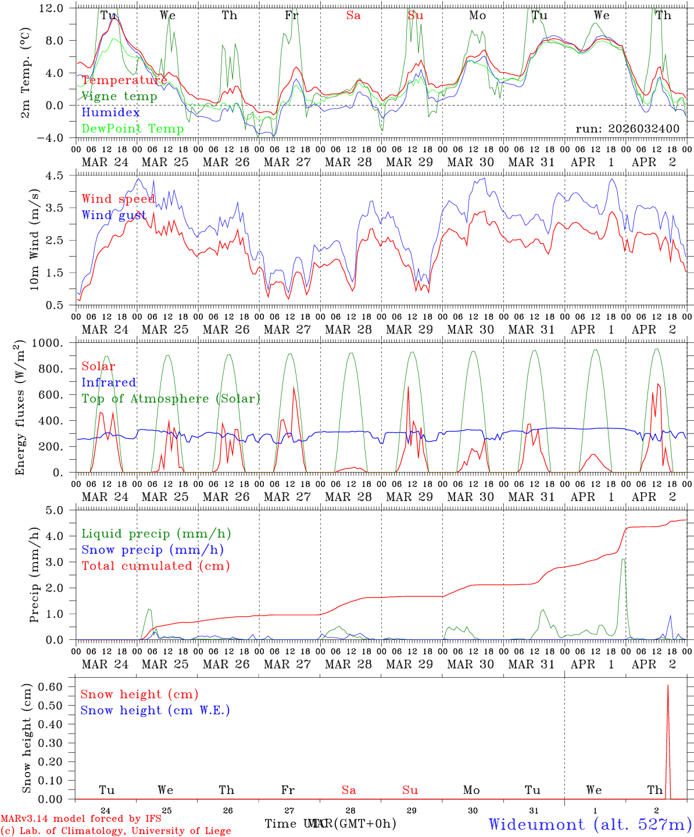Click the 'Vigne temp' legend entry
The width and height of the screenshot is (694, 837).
[119, 96]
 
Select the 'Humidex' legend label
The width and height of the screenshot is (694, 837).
[110, 113]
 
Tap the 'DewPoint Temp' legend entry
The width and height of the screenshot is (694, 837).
[133, 129]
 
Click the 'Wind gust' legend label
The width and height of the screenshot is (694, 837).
[114, 215]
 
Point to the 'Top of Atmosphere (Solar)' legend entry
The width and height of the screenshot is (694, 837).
[171, 399]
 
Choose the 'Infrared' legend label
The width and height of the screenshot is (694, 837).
[109, 382]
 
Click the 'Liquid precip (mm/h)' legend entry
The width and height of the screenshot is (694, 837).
[156, 534]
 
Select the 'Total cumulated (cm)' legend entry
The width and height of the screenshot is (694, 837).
[155, 566]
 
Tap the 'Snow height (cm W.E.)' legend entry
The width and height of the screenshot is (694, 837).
[155, 710]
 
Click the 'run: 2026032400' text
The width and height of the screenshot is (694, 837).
[627, 128]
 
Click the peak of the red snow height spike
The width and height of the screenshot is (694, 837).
[668, 685]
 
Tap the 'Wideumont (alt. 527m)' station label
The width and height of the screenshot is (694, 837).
[589, 824]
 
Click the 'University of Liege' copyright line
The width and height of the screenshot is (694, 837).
[116, 831]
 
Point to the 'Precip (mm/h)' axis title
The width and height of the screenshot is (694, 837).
[34, 574]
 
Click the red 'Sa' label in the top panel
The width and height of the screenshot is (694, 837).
[353, 16]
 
